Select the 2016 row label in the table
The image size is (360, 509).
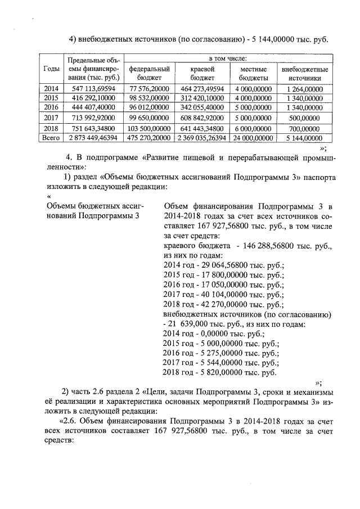[51, 107]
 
